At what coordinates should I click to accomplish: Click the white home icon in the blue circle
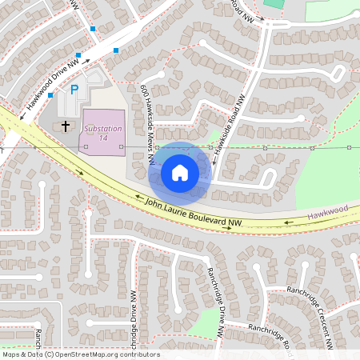tap(180, 173)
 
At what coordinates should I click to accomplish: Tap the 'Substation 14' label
tap(103, 133)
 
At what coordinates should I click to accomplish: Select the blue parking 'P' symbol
tap(74, 90)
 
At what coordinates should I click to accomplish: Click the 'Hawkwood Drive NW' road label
tap(52, 82)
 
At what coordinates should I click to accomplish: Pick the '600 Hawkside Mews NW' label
tap(147, 124)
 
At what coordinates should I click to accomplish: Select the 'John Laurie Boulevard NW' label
tap(193, 212)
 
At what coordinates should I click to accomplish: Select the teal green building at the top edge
tap(274, 3)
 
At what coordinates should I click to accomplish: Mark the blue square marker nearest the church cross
tap(50, 95)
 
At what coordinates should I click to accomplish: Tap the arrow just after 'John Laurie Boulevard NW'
tap(231, 226)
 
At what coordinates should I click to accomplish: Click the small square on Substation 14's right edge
tap(122, 147)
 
